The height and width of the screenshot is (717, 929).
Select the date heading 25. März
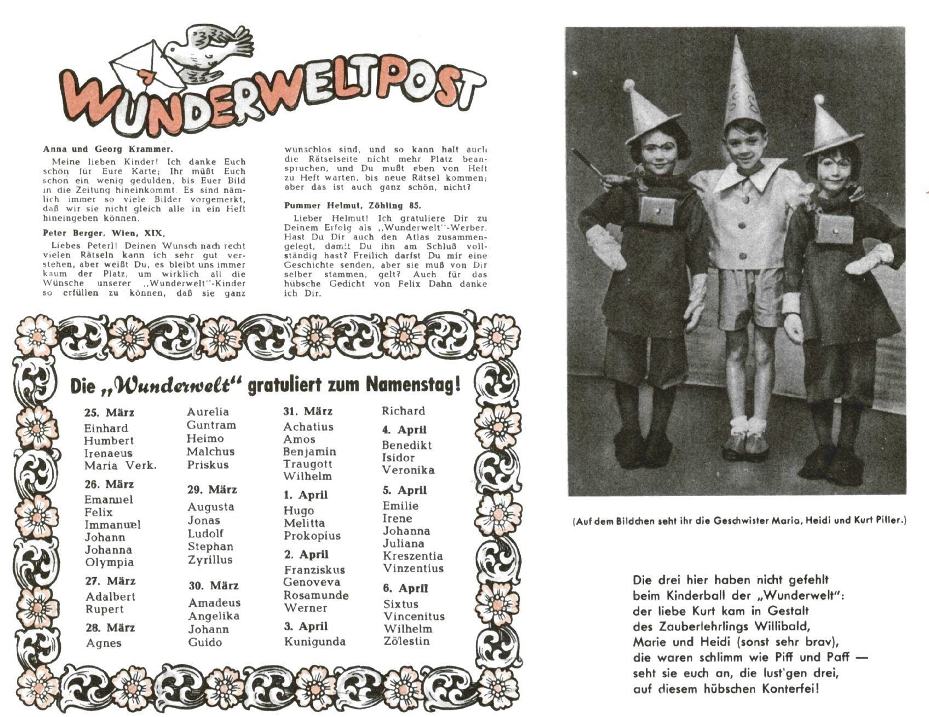(x=109, y=413)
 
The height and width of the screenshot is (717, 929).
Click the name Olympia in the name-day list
(x=110, y=562)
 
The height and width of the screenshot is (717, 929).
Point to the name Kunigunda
(x=314, y=642)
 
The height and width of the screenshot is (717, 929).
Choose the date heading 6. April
(x=405, y=588)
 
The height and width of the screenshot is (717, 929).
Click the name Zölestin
(x=406, y=641)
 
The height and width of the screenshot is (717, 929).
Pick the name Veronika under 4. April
(x=408, y=470)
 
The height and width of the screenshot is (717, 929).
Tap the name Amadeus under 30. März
(x=214, y=603)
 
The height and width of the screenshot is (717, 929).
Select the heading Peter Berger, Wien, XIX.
(x=104, y=233)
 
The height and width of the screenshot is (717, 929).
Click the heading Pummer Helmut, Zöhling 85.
(x=353, y=206)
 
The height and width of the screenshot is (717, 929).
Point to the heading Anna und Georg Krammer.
(x=108, y=149)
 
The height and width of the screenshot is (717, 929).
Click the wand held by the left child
(x=589, y=163)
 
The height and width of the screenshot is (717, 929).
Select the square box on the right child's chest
(x=834, y=229)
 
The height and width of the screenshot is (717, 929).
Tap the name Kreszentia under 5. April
(x=412, y=556)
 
